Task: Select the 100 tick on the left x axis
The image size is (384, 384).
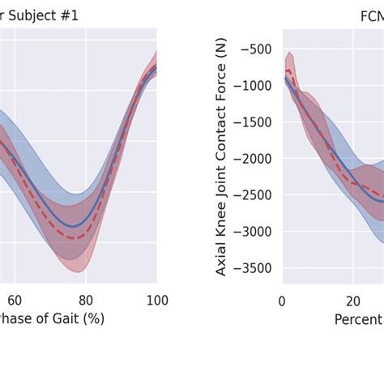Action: [x=157, y=299]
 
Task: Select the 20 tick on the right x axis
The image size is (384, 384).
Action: [x=352, y=299]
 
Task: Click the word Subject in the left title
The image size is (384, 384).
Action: [x=39, y=15]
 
